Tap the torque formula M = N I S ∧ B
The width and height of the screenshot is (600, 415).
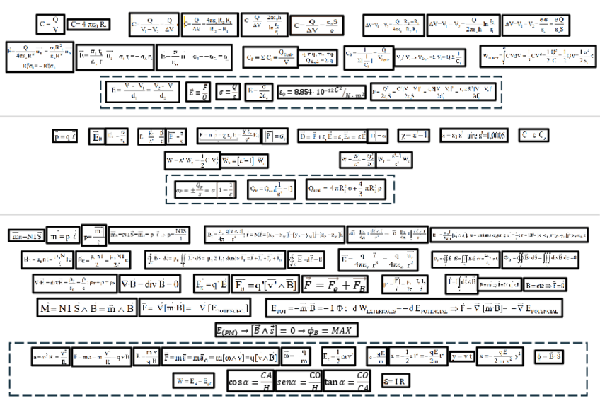86,309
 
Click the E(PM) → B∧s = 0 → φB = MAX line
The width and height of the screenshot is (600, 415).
287,330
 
